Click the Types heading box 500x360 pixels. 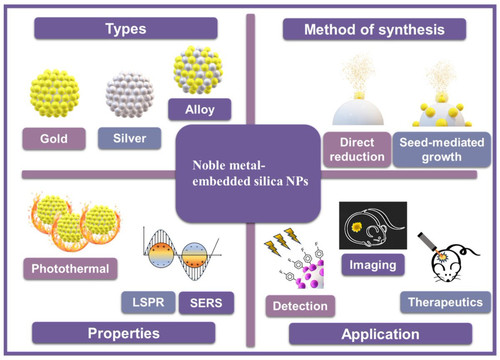[126, 29]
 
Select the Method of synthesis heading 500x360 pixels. [374, 30]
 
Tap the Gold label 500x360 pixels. [54, 139]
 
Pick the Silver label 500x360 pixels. [129, 138]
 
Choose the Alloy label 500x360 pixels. [200, 109]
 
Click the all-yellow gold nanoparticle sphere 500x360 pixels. [55, 93]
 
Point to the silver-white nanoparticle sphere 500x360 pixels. [130, 95]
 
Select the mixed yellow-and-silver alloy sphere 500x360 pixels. [198, 70]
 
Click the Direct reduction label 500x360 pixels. [357, 150]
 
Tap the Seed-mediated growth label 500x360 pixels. [442, 150]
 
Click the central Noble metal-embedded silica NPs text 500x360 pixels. [250, 173]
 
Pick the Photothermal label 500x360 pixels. [70, 269]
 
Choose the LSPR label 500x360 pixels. [148, 303]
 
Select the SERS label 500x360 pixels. [206, 303]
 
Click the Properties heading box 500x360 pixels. [124, 333]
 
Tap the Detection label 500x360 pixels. [300, 306]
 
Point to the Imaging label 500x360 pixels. [373, 265]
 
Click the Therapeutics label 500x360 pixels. [445, 302]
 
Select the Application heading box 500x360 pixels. [380, 334]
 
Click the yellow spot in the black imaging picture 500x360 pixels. [357, 227]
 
